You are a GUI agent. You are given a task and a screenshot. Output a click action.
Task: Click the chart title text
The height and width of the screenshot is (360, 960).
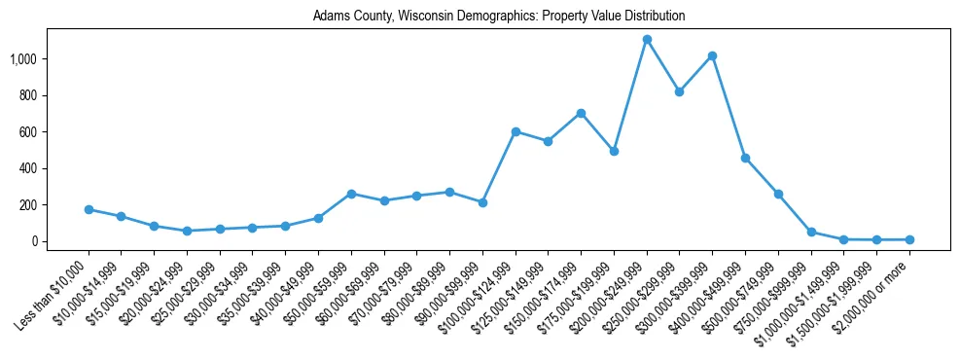click(498, 16)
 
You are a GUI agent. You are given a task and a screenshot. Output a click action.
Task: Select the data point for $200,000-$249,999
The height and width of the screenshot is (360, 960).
click(647, 40)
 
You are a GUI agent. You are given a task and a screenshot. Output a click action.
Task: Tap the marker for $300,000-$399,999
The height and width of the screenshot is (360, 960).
click(712, 56)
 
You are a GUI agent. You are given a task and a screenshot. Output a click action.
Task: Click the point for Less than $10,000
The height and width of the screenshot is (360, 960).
click(89, 209)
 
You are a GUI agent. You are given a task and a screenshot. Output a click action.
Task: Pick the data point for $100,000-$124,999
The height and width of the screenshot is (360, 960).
click(516, 131)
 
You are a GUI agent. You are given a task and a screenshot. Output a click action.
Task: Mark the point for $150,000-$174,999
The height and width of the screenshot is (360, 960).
click(581, 113)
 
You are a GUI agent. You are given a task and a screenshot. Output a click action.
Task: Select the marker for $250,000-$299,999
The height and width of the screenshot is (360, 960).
click(679, 91)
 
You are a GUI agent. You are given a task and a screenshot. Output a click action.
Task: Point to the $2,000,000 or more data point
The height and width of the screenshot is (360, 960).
click(909, 239)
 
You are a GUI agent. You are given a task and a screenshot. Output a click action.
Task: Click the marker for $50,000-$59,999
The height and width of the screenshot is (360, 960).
click(351, 194)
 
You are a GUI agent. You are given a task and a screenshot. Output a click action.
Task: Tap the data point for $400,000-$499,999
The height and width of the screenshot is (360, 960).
click(745, 158)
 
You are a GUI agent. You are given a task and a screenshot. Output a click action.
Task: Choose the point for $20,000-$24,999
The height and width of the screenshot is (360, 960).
click(187, 231)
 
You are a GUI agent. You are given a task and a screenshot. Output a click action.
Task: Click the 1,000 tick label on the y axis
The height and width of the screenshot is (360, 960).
click(23, 59)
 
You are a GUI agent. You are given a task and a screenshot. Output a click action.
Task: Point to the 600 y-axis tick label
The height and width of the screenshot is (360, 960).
click(27, 132)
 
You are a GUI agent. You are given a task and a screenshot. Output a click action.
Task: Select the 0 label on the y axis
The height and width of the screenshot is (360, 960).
click(33, 241)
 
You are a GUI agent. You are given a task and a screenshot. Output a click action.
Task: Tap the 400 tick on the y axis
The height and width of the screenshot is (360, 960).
click(27, 168)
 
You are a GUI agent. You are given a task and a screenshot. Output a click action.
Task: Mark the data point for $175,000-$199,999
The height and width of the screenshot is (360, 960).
click(614, 151)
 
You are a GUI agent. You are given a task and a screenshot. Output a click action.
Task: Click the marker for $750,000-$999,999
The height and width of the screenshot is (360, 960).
click(810, 232)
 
